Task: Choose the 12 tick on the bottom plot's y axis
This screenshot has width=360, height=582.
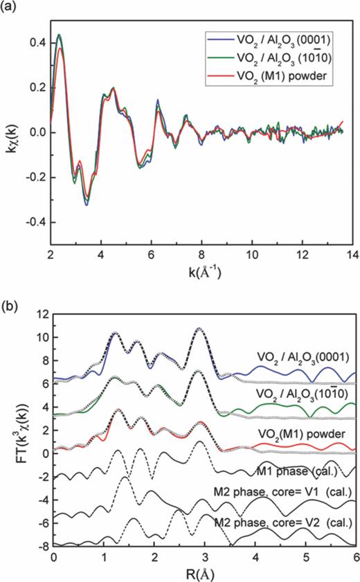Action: pyautogui.click(x=43, y=313)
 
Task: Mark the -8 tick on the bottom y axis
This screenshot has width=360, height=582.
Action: pyautogui.click(x=43, y=547)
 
